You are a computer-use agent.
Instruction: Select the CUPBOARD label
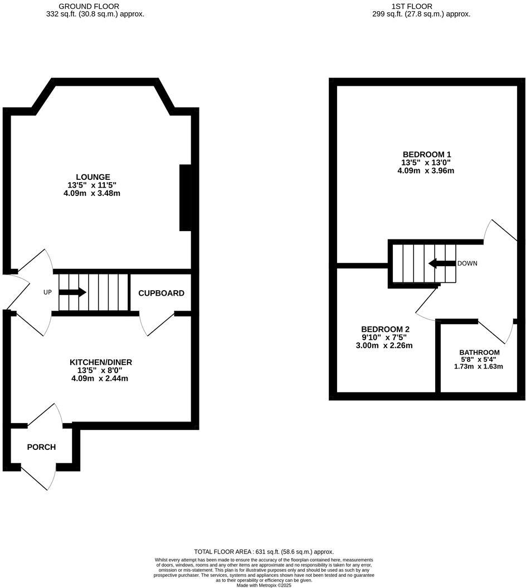click(x=161, y=293)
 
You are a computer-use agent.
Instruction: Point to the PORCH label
click(x=41, y=447)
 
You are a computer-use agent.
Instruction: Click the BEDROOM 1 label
click(x=426, y=154)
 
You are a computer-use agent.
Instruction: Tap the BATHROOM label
click(x=479, y=352)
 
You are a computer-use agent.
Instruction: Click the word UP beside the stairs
click(x=48, y=292)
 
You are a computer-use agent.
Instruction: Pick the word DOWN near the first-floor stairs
click(x=467, y=263)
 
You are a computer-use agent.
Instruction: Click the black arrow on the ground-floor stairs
click(x=73, y=292)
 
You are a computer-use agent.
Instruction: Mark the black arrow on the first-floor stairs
click(x=441, y=263)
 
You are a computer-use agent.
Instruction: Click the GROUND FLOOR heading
click(x=96, y=6)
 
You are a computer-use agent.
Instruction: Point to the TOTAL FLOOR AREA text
click(x=264, y=552)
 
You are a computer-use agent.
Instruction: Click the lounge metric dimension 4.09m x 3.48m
click(x=92, y=194)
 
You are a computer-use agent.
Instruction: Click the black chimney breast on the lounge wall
click(x=186, y=198)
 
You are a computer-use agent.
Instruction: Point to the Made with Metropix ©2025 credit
click(x=264, y=585)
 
